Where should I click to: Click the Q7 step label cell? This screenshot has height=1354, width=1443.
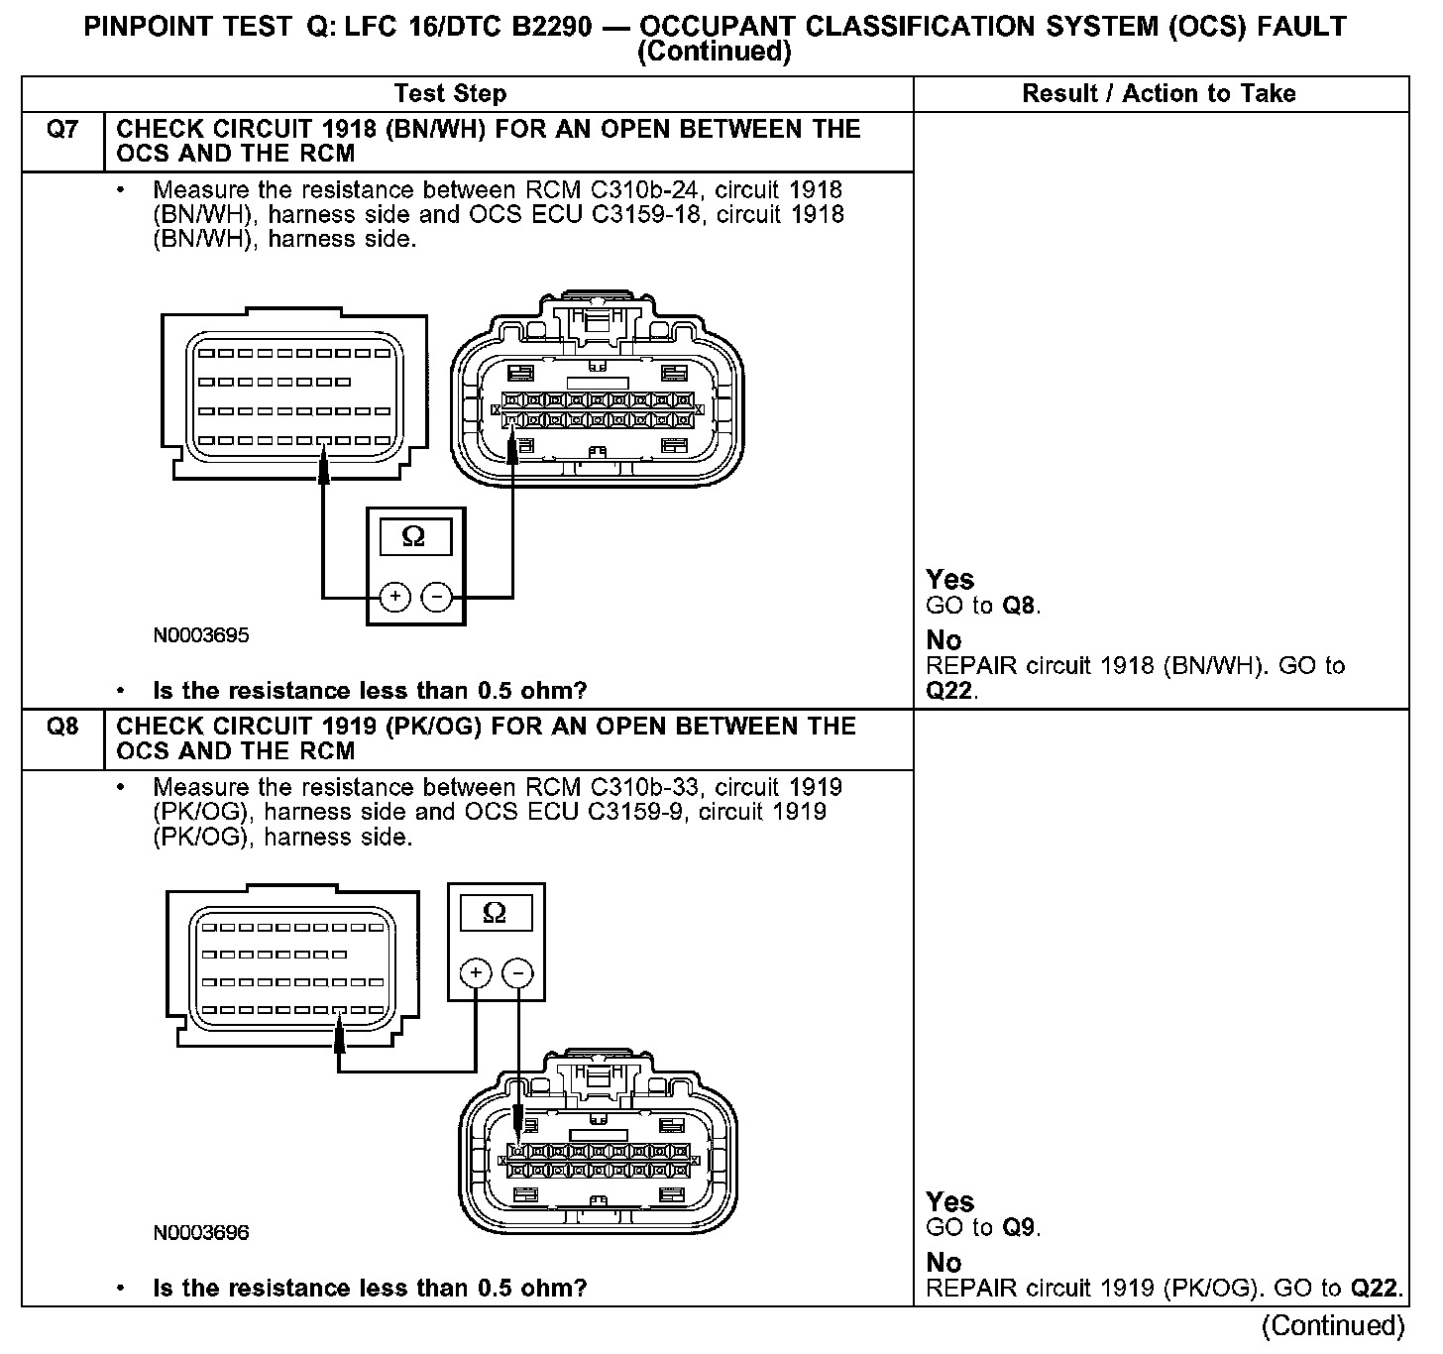[62, 130]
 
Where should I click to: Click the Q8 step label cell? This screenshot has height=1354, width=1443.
[62, 728]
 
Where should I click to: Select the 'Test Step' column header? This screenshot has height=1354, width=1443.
[450, 94]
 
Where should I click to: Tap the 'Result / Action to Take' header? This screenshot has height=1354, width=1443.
[1159, 94]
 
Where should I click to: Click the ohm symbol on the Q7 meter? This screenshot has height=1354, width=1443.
[414, 537]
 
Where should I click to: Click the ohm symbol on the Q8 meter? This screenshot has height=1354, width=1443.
[494, 913]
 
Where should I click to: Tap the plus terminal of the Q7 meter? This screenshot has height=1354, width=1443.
[394, 597]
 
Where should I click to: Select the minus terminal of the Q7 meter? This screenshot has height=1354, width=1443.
[436, 597]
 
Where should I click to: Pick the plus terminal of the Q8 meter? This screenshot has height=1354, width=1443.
[476, 973]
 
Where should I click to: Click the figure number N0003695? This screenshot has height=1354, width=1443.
[201, 635]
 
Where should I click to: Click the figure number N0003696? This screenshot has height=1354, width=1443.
[201, 1233]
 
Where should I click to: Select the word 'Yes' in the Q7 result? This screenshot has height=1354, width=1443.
[949, 580]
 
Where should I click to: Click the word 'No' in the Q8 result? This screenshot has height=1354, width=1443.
[943, 1263]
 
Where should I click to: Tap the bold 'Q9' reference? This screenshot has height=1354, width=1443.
[1020, 1228]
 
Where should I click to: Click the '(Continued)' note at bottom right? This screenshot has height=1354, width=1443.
[1333, 1326]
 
